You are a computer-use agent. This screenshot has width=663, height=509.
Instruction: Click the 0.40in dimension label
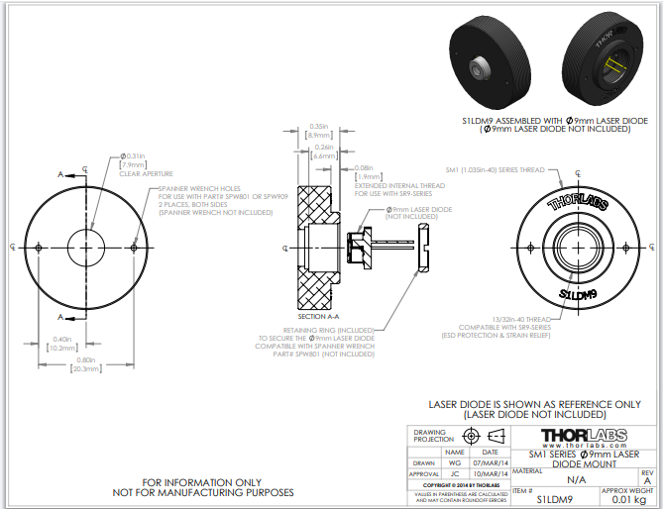click(61, 344)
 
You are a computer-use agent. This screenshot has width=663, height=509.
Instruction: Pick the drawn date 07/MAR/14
click(490, 461)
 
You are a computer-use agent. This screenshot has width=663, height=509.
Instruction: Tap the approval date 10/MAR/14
click(490, 474)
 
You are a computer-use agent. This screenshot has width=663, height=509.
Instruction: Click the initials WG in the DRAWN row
click(454, 461)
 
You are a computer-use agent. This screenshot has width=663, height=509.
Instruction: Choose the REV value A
click(647, 480)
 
